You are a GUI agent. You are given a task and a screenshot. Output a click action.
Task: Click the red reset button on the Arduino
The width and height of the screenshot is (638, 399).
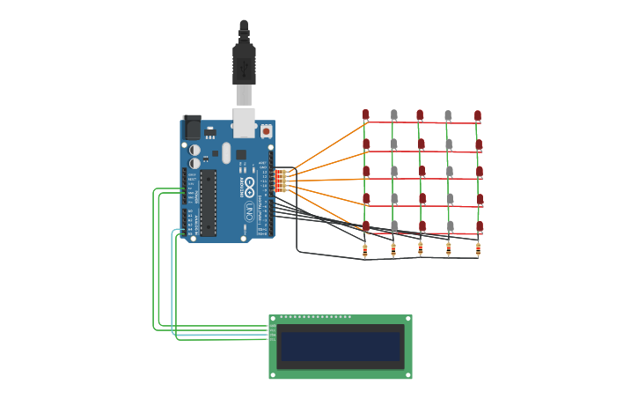click(x=266, y=131)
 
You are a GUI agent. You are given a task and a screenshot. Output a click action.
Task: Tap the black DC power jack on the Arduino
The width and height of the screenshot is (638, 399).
click(x=191, y=127)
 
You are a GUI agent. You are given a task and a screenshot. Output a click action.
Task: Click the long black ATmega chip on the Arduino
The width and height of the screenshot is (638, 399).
click(x=208, y=203)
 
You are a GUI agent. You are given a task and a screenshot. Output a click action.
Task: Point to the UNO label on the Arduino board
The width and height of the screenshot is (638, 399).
click(x=250, y=211)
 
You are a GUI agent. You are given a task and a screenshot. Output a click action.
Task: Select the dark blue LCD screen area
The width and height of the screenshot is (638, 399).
click(x=340, y=346)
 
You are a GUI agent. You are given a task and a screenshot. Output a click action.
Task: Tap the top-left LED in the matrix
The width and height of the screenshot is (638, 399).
click(x=365, y=115)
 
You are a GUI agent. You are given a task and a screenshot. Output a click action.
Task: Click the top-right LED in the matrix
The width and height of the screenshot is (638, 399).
click(x=478, y=115)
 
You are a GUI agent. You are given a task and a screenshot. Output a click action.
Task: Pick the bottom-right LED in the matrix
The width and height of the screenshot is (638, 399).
click(x=480, y=226)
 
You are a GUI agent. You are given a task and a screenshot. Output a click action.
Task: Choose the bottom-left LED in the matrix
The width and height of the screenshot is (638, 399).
click(x=365, y=225)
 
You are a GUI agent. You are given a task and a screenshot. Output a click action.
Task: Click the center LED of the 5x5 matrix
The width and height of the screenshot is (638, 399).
click(x=422, y=171)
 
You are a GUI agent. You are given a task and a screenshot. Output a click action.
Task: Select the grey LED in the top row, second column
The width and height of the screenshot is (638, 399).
click(x=393, y=115)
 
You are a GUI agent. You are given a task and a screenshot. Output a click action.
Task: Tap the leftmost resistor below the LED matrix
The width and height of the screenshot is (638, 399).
click(x=365, y=249)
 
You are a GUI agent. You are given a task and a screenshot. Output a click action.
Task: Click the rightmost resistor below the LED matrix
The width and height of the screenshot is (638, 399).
click(x=478, y=249)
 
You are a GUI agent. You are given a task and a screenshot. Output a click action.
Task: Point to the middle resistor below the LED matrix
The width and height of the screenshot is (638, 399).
click(x=421, y=249)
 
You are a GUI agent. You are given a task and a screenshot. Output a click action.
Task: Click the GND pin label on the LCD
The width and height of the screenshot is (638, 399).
click(x=272, y=325)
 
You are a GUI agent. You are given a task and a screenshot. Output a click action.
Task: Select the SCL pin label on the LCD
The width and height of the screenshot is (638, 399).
click(x=272, y=338)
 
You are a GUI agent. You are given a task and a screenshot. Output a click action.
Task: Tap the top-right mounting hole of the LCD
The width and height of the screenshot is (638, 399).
click(x=407, y=319)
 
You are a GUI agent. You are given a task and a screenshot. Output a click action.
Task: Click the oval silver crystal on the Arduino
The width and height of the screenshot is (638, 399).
click(x=226, y=153)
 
